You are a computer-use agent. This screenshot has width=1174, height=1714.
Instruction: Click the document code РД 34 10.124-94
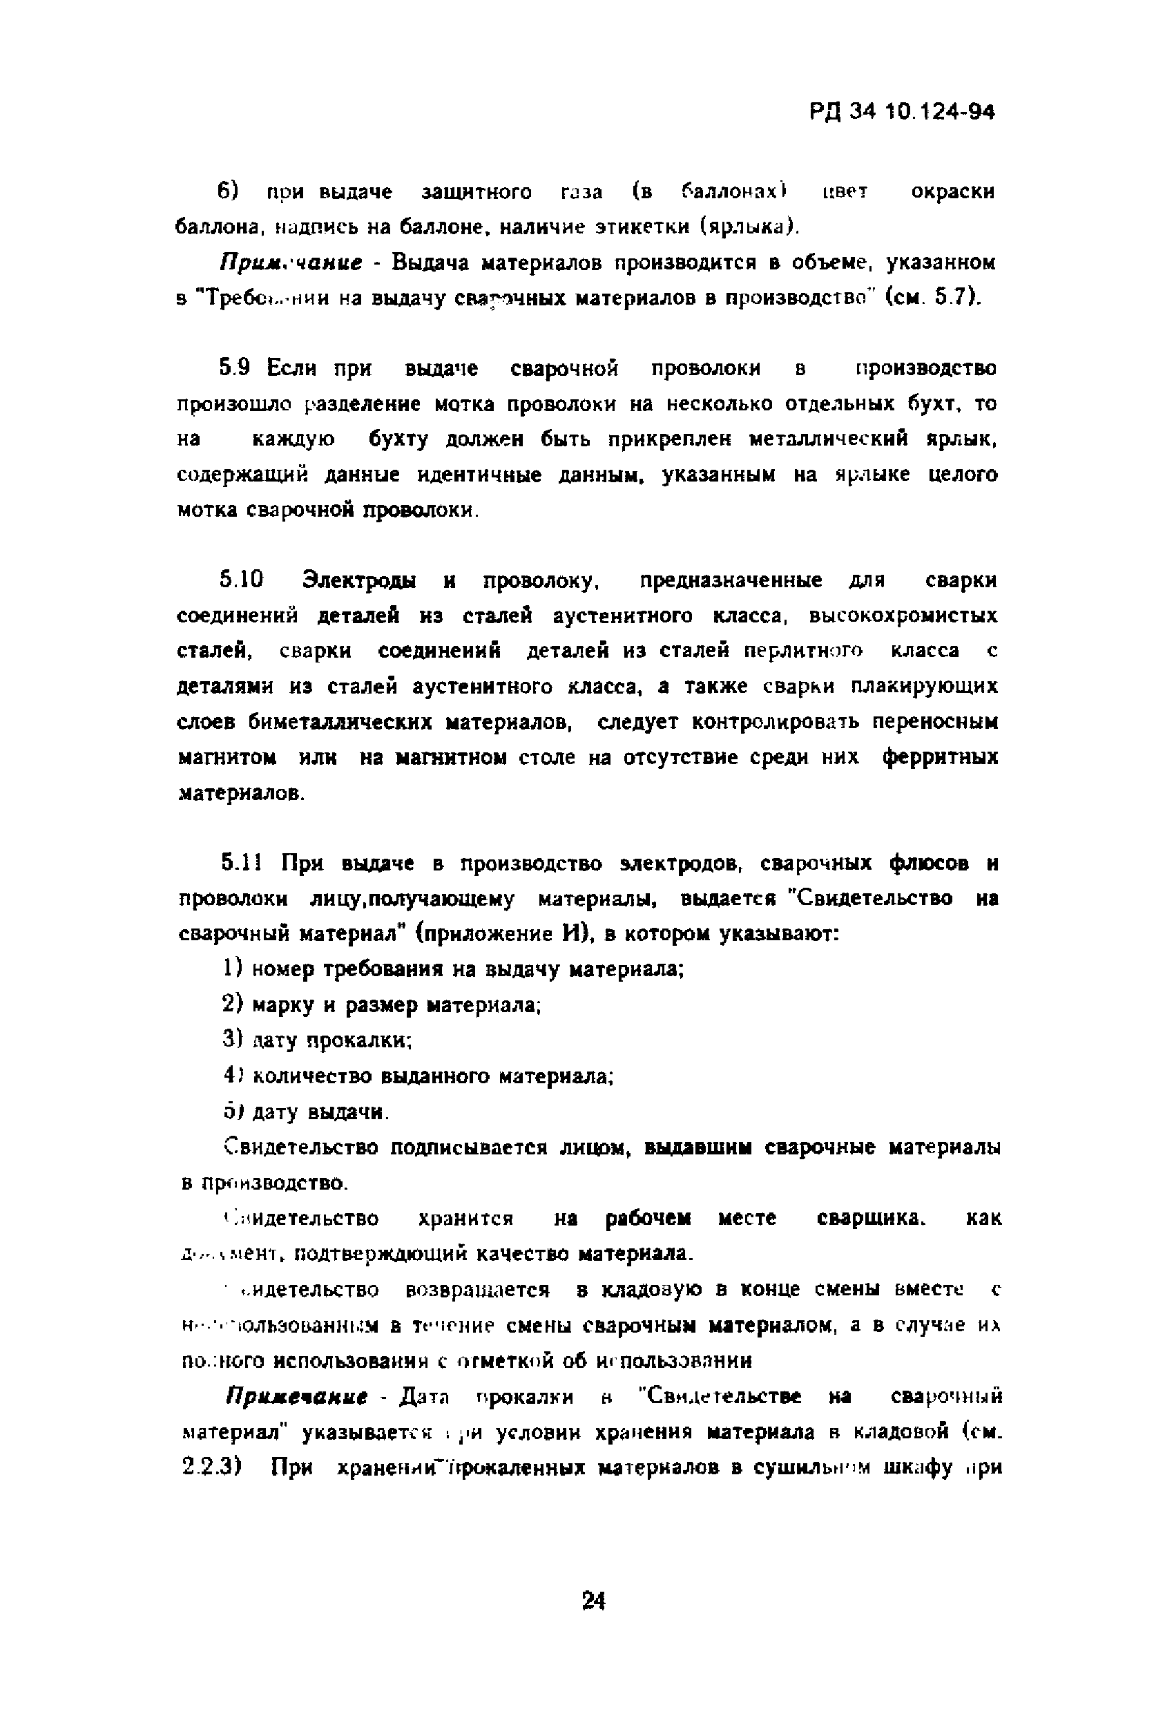coord(902,113)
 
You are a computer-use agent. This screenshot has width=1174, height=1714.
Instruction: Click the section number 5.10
coord(241,580)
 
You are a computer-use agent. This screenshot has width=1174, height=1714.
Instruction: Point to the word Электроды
coord(358,581)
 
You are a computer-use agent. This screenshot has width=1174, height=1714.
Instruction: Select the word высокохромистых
coord(903,616)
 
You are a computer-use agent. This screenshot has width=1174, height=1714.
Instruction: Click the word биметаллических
coord(340,722)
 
